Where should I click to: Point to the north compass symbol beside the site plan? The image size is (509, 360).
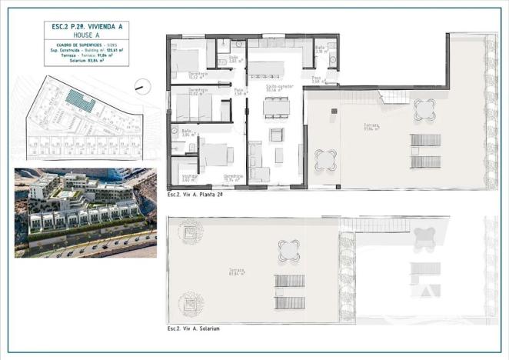[141, 86]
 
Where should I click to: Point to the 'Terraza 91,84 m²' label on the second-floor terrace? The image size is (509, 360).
[374, 126]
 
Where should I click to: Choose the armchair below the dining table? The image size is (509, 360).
[276, 135]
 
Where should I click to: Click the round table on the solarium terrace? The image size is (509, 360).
[289, 248]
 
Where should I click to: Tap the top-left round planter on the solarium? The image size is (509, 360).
[187, 229]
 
